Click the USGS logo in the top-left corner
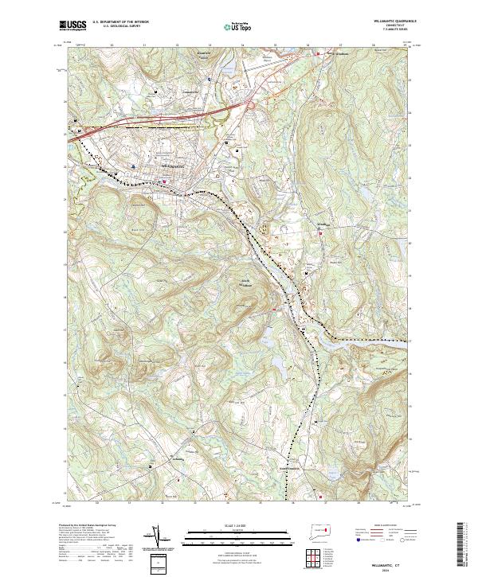point(72,25)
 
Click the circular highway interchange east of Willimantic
point(253,104)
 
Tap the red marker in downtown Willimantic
point(165,180)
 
